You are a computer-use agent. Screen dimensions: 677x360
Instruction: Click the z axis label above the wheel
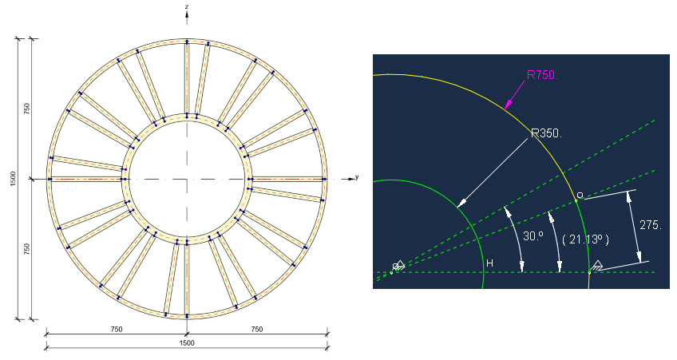(x=187, y=6)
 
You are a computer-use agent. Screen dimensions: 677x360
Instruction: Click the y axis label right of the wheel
(x=357, y=177)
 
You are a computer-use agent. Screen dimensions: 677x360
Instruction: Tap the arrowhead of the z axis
(x=187, y=14)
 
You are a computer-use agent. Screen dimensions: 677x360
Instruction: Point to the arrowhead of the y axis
(x=350, y=179)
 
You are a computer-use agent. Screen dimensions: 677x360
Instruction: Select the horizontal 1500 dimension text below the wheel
(x=187, y=343)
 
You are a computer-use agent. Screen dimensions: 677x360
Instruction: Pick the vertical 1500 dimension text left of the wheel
(x=13, y=179)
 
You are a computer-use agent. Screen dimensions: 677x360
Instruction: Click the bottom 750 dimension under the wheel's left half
(x=117, y=330)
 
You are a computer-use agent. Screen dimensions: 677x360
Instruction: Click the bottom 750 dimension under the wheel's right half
(x=257, y=330)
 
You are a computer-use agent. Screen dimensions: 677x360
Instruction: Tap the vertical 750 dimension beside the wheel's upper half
(x=27, y=109)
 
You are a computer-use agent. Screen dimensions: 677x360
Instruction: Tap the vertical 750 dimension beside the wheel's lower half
(x=27, y=249)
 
